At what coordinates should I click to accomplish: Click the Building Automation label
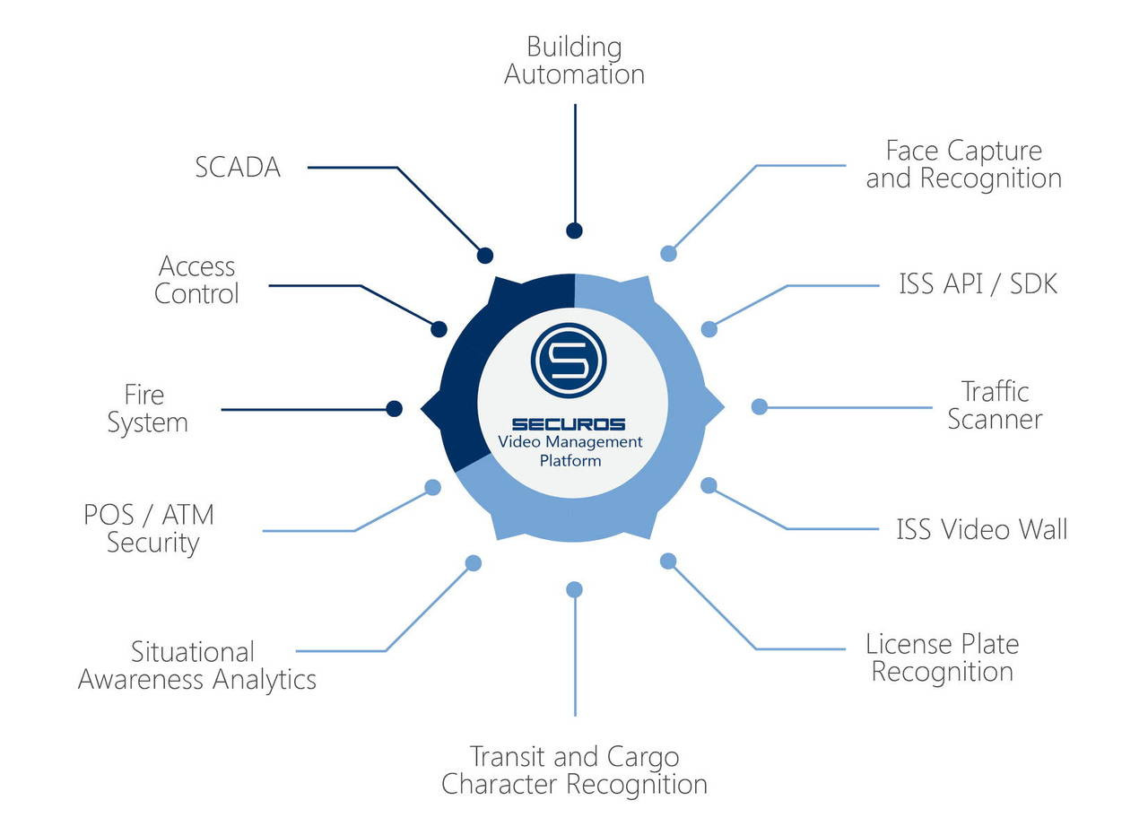click(574, 60)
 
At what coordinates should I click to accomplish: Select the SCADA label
click(238, 167)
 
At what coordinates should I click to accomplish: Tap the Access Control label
click(196, 280)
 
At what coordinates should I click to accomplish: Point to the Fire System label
click(147, 409)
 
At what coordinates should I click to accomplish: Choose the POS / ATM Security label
click(150, 528)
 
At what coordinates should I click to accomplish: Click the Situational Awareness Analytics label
click(196, 665)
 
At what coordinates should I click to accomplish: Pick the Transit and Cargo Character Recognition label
click(574, 770)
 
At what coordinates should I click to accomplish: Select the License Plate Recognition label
click(942, 657)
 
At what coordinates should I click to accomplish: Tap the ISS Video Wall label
click(981, 529)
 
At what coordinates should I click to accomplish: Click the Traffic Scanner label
click(995, 405)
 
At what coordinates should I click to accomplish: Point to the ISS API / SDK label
click(978, 284)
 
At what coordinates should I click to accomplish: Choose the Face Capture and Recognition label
click(963, 164)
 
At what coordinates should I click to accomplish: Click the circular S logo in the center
click(569, 361)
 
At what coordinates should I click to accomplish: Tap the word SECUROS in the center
click(569, 424)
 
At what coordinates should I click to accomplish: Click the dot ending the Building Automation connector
click(574, 230)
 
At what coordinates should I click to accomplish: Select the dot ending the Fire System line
click(394, 409)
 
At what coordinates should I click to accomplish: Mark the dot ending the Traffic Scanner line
click(759, 406)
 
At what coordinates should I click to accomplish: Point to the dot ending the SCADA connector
click(485, 256)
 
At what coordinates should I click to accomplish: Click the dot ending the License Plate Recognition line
click(668, 561)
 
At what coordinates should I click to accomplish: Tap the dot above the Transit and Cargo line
click(575, 589)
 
